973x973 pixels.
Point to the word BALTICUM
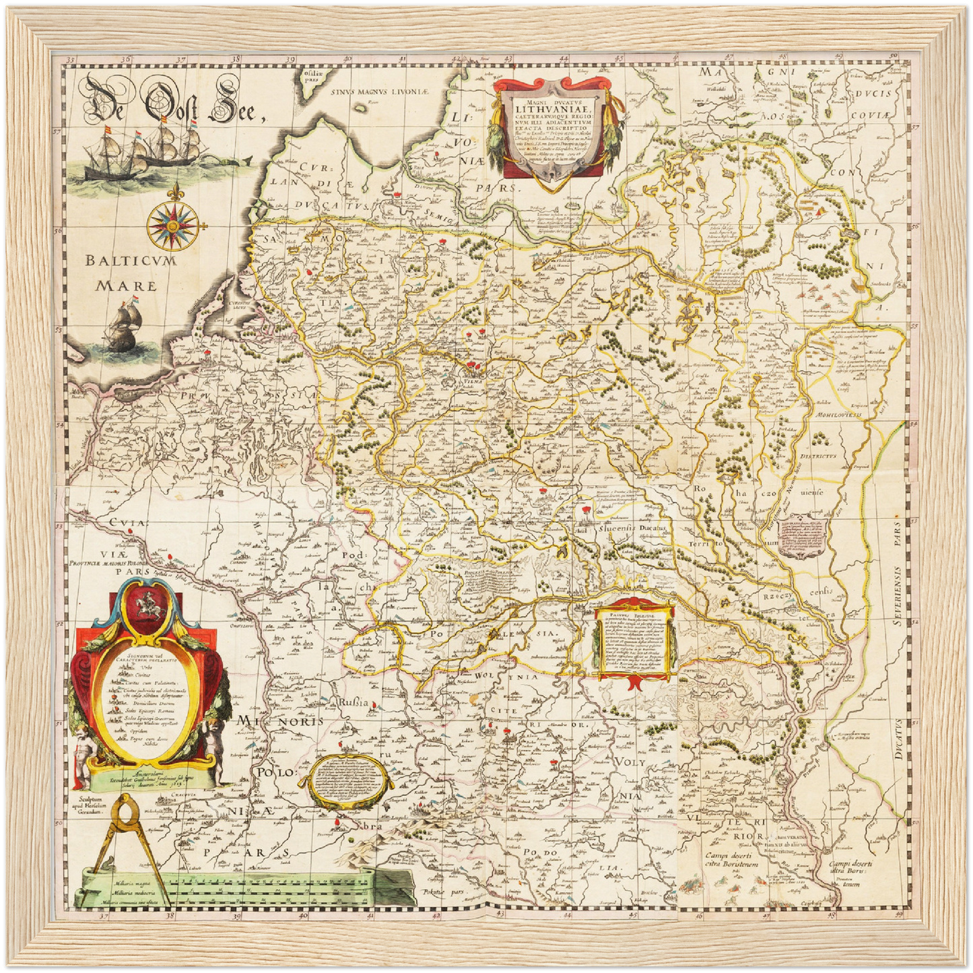(132, 261)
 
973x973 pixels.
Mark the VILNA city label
(474, 380)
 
